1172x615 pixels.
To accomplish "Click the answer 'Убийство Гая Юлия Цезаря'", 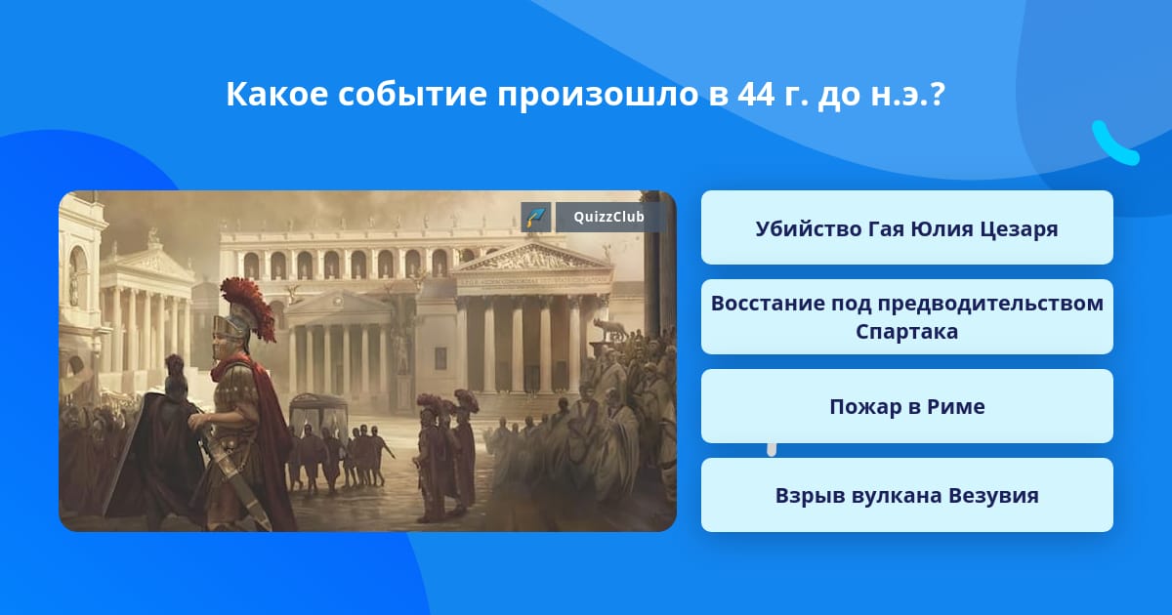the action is pos(906,227).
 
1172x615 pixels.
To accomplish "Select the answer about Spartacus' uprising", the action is pos(906,317).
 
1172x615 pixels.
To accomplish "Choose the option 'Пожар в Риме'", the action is pos(906,406).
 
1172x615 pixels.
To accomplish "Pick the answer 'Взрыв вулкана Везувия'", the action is pos(906,495).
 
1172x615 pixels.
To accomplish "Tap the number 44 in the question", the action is pos(757,94).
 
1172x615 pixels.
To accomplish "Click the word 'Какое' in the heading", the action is pos(276,94).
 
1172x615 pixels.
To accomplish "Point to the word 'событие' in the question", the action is pos(412,94).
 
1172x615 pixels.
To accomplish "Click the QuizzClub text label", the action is pos(608,217).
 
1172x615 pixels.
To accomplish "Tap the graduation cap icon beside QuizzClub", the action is pos(536,217).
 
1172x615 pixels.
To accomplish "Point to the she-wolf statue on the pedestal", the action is pos(609,330).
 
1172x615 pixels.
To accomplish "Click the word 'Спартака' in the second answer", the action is pos(906,332).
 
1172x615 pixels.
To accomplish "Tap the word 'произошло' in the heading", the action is pos(598,96).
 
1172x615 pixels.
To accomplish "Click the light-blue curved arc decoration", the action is pos(1113,144).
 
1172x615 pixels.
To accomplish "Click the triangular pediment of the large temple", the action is pos(531,258).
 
